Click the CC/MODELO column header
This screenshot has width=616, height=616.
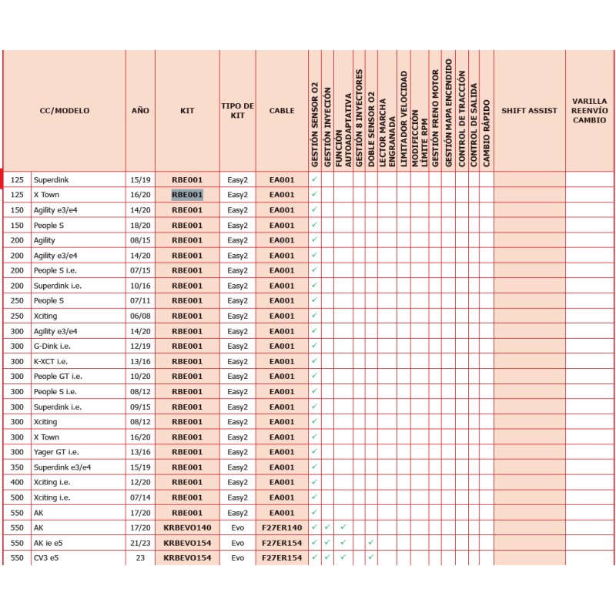coord(65,111)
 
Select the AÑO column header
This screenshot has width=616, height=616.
coord(140,111)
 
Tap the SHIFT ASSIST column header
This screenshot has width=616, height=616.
coord(529,111)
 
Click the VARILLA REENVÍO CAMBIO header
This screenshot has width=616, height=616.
coord(590,111)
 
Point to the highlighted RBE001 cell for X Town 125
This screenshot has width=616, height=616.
coord(187,195)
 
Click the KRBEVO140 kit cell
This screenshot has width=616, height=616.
coord(187,527)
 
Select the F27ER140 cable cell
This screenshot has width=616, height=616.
coord(282,527)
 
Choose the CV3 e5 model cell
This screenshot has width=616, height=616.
coord(46,557)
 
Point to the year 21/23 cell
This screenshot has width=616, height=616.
coord(140,543)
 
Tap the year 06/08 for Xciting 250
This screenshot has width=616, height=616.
coord(140,316)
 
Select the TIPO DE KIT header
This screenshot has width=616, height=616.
coord(237,111)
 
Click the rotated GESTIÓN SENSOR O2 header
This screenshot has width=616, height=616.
coord(314,123)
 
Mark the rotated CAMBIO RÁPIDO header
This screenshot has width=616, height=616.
coord(486,123)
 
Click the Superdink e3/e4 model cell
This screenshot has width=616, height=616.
coord(62,467)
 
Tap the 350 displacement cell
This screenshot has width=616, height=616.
coord(17,467)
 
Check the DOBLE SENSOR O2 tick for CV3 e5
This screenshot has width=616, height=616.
coord(371,557)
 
